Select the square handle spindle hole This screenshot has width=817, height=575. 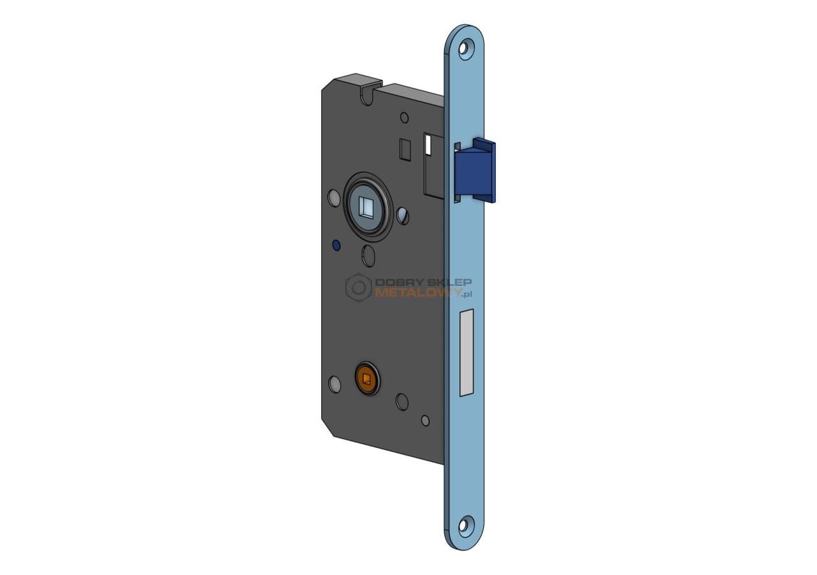coord(366,207)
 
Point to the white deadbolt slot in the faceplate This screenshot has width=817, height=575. coord(467,352)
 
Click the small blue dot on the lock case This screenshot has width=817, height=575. coord(336,246)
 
